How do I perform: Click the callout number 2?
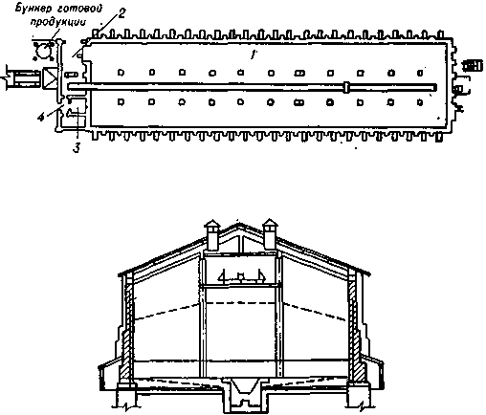point(121,13)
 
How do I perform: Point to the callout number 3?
point(77,148)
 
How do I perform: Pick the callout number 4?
point(40,117)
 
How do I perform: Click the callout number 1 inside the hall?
point(253,55)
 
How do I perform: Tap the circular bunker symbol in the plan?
point(43,50)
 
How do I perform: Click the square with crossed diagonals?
point(50,77)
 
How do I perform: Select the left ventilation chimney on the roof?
point(211,235)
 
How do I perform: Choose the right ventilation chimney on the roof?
point(270,235)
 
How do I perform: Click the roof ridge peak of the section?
point(238,224)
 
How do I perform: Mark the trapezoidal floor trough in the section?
point(245,387)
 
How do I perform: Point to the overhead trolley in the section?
point(242,276)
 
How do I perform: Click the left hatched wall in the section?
point(127,332)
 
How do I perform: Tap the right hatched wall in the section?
point(354,332)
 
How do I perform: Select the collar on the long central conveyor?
point(346,87)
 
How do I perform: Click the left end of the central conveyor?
point(68,86)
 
